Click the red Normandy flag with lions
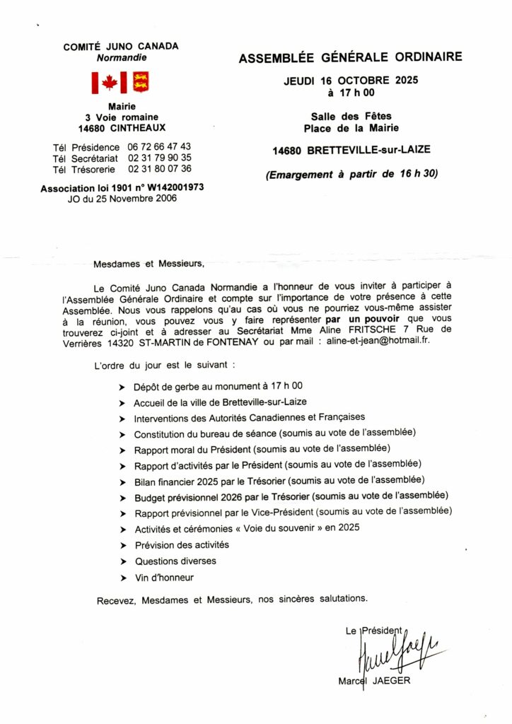(141, 83)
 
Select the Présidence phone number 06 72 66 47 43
(159, 146)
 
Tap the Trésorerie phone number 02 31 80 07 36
(159, 169)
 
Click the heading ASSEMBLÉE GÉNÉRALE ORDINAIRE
(350, 58)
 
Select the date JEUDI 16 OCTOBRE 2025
(351, 81)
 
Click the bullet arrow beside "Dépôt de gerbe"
(124, 387)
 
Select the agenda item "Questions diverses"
(175, 561)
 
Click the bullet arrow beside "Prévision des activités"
(124, 545)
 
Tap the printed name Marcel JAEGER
(374, 681)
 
